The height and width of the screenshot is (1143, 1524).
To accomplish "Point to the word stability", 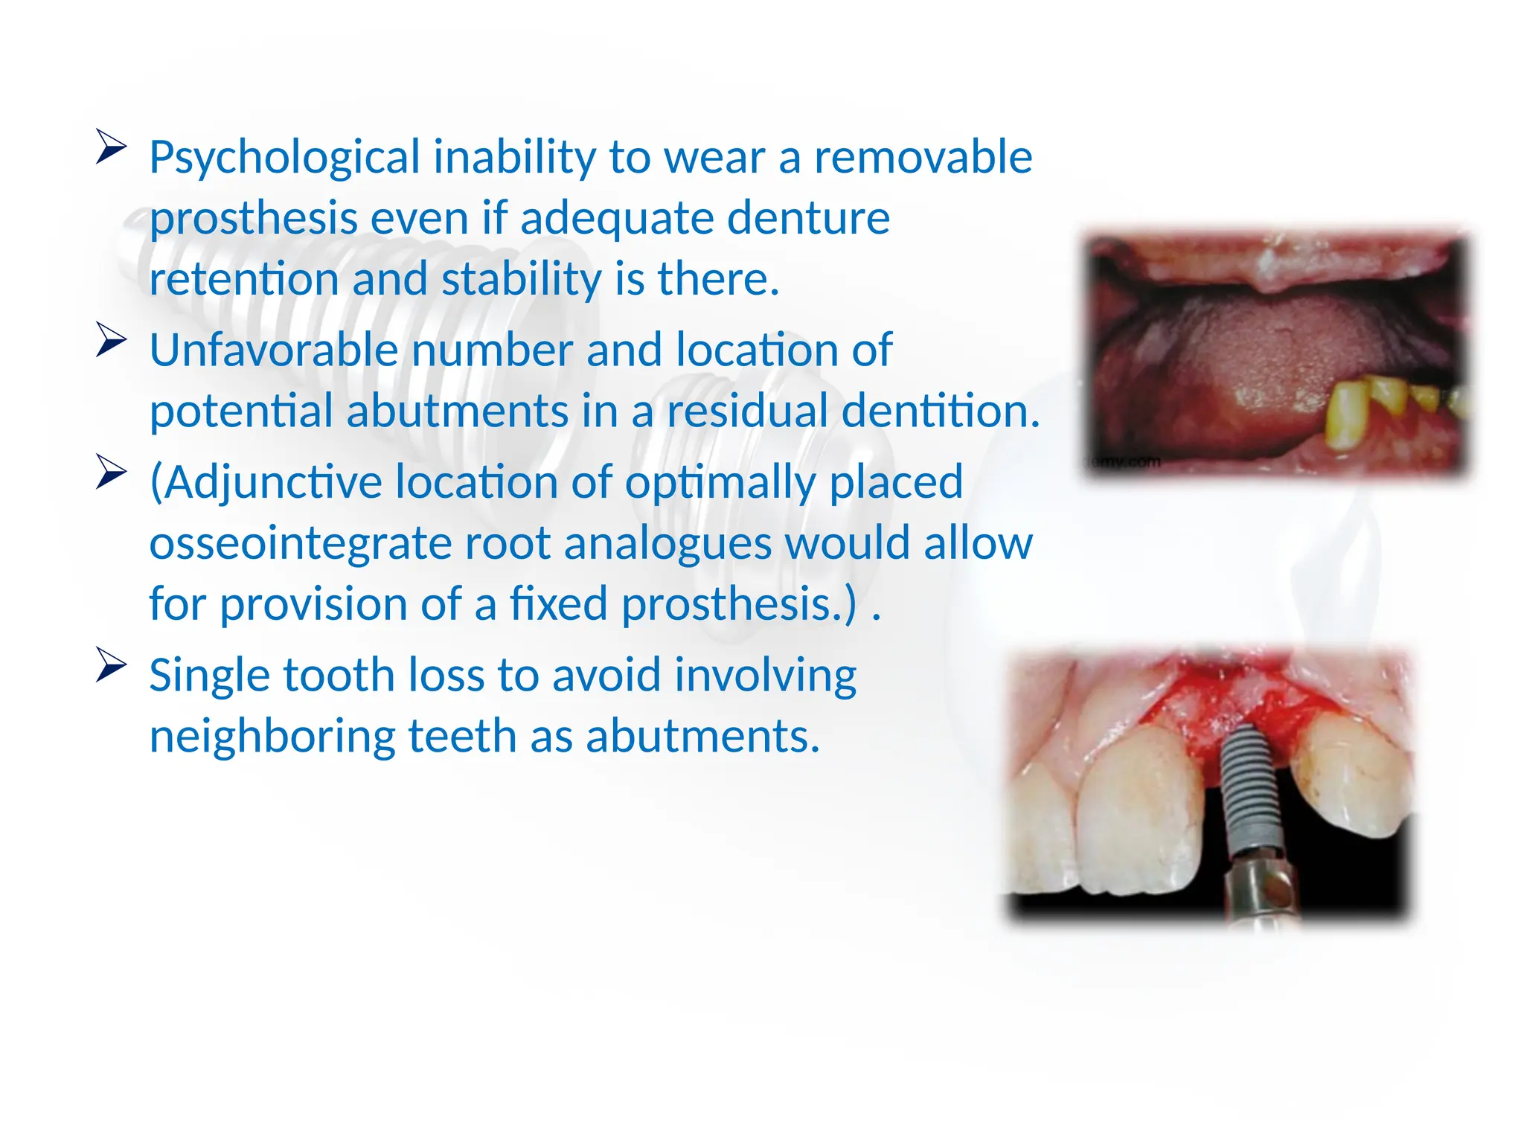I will click(521, 280).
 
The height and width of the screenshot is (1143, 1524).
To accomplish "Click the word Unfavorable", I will click(274, 350).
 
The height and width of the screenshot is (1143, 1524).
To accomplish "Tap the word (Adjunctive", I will click(266, 483).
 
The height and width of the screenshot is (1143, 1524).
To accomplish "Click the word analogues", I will click(667, 544).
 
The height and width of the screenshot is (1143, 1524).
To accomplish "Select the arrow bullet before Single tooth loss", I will click(112, 665).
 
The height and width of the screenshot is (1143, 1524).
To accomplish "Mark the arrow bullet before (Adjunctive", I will click(112, 473).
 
